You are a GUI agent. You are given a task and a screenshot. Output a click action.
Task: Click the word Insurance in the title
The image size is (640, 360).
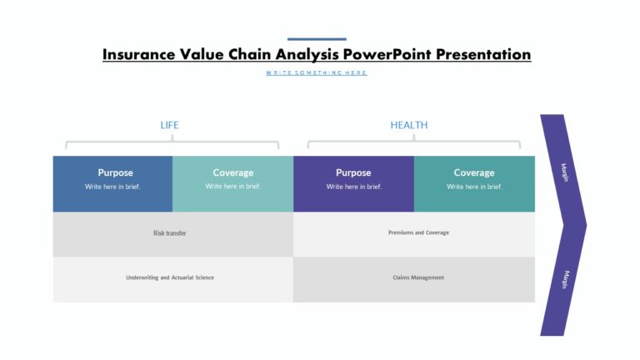[x=138, y=55]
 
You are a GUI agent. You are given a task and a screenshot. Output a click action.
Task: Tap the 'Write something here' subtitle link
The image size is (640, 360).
[x=317, y=73]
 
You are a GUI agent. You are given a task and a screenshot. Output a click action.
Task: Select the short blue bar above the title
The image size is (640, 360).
[x=317, y=39]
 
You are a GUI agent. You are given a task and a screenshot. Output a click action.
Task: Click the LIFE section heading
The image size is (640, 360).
[x=169, y=125]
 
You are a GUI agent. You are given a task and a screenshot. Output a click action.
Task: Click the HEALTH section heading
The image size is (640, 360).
[x=408, y=125]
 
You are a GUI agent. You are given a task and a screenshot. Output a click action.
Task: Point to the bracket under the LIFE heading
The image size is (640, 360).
[x=172, y=142]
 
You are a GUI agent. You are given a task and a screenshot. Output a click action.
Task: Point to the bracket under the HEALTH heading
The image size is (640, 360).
[x=413, y=142]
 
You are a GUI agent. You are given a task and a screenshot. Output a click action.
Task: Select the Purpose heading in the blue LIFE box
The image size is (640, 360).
[x=115, y=172]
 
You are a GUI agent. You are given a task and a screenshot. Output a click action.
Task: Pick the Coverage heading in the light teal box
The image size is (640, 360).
[x=233, y=172]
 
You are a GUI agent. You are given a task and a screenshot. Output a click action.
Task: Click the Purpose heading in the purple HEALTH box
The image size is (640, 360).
[x=353, y=172]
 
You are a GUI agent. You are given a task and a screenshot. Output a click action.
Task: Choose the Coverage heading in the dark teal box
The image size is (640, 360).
[x=474, y=172]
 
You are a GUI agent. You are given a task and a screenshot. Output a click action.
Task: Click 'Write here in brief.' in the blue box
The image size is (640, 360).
[x=112, y=187]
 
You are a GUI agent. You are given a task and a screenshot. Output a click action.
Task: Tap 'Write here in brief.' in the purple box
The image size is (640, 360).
[x=353, y=187]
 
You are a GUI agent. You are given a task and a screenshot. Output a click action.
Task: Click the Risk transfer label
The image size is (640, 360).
[x=170, y=233]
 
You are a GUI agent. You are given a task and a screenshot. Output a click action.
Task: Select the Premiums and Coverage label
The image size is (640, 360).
[x=418, y=232]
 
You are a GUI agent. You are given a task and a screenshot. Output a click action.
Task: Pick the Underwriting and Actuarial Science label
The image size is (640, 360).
[x=170, y=277]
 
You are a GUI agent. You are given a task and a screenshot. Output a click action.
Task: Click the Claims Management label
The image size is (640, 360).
[x=418, y=277]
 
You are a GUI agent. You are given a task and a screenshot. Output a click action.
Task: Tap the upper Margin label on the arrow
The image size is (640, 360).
[x=564, y=172]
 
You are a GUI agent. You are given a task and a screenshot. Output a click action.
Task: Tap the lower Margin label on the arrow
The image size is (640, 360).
[x=564, y=279]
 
